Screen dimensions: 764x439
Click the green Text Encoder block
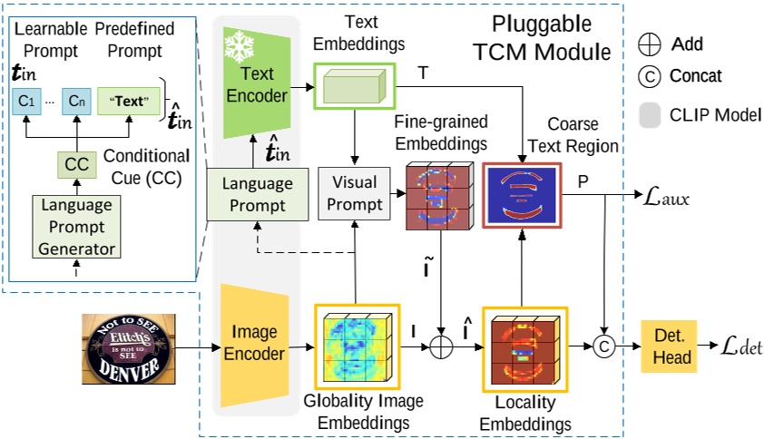(257, 83)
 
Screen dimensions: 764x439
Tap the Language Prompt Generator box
(76, 227)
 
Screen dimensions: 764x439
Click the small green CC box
(76, 165)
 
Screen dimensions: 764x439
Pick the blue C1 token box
(27, 102)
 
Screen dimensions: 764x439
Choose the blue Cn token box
(76, 102)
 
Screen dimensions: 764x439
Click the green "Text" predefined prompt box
(129, 102)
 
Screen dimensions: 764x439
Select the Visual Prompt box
(354, 193)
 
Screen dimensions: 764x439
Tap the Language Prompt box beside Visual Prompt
(258, 194)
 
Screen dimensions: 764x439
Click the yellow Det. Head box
(669, 346)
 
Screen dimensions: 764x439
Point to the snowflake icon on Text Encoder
(239, 47)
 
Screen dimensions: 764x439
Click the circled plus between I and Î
(441, 347)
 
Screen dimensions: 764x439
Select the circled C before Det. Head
(604, 346)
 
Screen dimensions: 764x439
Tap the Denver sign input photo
(129, 349)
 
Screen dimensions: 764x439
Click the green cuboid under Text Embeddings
(354, 86)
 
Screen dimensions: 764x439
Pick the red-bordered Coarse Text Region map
(522, 195)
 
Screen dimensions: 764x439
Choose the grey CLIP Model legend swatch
(650, 115)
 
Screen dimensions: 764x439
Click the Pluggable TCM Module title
(542, 38)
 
